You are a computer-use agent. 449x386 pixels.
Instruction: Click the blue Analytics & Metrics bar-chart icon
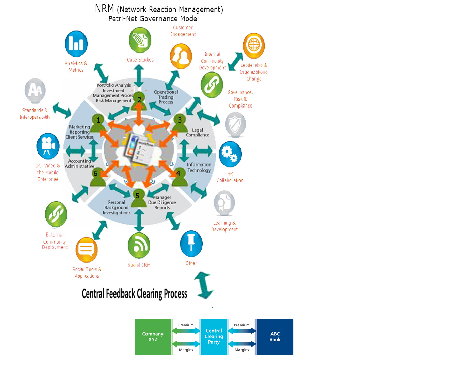pos(76,44)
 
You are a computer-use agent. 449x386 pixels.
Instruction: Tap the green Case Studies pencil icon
pos(140,40)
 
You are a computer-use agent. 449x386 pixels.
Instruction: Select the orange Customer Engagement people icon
pos(181,56)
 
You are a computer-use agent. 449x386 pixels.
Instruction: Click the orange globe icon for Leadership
pos(254,46)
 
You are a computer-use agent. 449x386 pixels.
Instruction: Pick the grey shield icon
pos(235,124)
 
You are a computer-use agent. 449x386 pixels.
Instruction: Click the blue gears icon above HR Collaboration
pos(230,154)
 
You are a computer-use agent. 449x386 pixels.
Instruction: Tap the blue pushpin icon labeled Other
pos(191,243)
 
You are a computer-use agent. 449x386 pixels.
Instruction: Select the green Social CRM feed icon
pos(139,245)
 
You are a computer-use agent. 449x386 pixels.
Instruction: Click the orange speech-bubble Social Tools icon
pos(86,250)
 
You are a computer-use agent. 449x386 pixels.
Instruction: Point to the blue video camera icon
pos(48,146)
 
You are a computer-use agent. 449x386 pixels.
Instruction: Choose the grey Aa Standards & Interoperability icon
pos(35,91)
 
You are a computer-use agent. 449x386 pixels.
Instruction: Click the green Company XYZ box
pos(153,337)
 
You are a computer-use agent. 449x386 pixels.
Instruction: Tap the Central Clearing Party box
pos(214,337)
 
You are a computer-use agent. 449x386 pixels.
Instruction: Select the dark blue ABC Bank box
pos(275,337)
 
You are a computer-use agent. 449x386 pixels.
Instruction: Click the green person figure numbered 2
pos(139,101)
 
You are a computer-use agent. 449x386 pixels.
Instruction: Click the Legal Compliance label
pos(198,133)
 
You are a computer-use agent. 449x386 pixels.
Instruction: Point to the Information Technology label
pos(199,167)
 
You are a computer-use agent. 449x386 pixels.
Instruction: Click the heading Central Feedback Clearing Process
pos(135,294)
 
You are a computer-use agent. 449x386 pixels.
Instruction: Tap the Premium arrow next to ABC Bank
pos(242,331)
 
